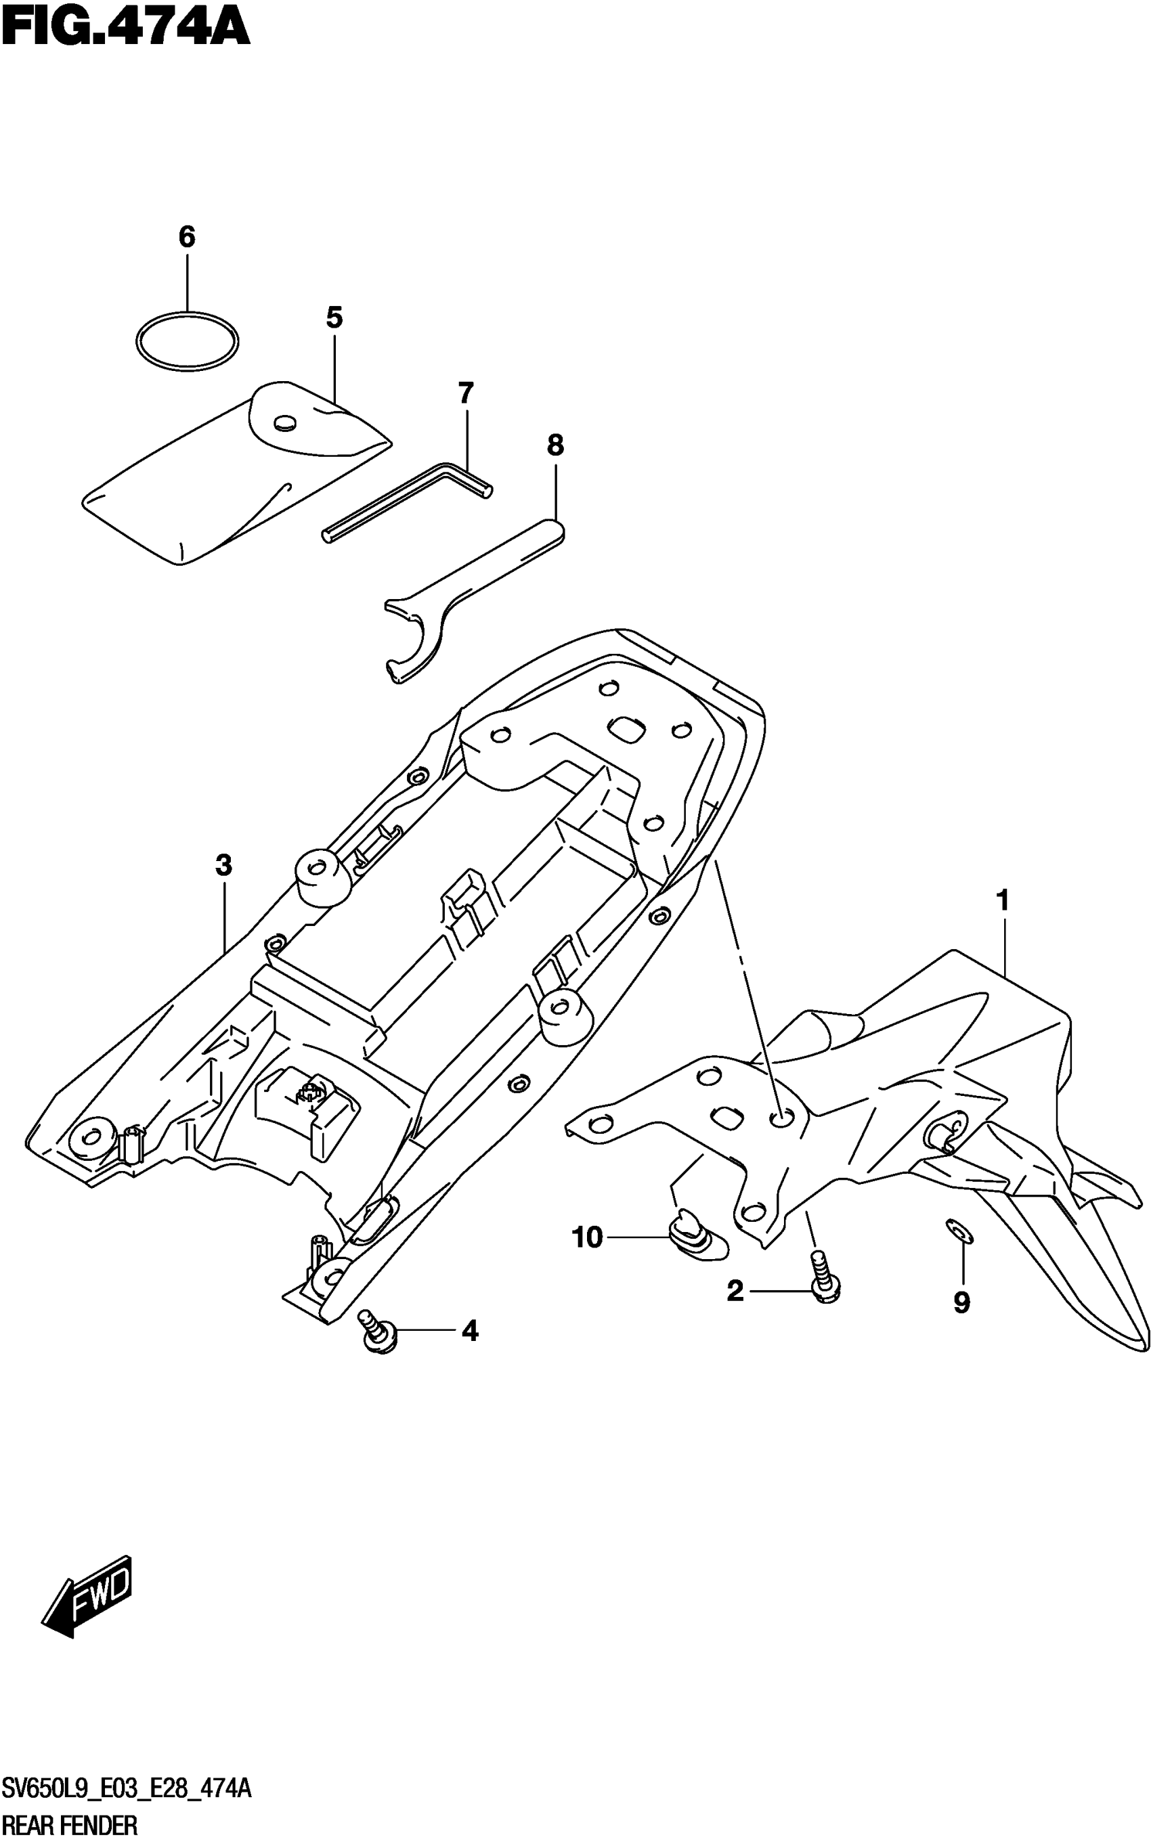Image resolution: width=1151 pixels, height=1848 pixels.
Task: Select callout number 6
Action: coord(186,238)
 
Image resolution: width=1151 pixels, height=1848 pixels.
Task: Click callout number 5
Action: coord(334,317)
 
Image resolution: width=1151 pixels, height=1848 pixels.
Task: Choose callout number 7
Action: coord(465,393)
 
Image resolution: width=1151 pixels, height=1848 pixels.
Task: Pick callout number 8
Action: coord(555,445)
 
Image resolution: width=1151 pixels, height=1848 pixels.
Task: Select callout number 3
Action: coord(223,865)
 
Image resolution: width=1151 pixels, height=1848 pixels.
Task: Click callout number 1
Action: coord(1003,901)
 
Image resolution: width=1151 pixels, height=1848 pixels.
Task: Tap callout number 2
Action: coord(735,1291)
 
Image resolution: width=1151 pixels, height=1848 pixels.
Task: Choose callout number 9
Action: coord(961,1304)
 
